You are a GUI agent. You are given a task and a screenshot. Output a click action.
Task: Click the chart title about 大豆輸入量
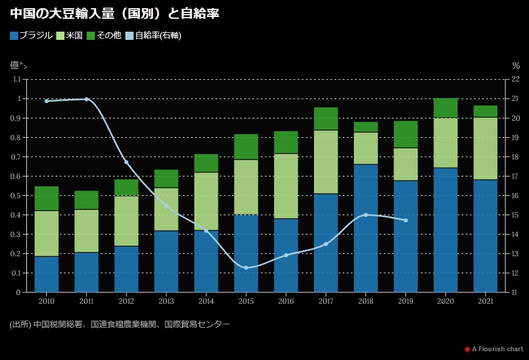pos(114,13)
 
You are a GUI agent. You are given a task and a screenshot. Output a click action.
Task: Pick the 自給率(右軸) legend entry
pos(153,35)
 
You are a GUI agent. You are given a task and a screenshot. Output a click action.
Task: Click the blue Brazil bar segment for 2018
pos(366,228)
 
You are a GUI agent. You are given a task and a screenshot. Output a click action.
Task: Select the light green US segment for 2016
pos(286,186)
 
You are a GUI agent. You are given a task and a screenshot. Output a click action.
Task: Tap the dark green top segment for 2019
pos(405,134)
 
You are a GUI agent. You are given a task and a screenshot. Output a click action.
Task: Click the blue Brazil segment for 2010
pos(46,274)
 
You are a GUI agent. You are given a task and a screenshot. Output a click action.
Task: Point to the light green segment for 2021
pos(485,148)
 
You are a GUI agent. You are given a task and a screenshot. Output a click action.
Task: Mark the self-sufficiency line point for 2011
pos(87,99)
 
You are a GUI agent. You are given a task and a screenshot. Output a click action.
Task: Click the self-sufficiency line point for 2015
pos(246,268)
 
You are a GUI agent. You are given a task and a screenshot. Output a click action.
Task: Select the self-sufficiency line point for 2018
pos(366,215)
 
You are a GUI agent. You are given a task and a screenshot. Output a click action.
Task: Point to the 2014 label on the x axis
pos(206,301)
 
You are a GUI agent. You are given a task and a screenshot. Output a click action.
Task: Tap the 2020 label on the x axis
pos(445,301)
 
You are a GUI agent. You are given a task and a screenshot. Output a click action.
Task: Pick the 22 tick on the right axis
pos(516,79)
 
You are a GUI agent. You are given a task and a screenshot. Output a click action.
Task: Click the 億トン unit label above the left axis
pos(19,65)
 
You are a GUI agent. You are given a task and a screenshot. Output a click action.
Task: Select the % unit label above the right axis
pos(516,66)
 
